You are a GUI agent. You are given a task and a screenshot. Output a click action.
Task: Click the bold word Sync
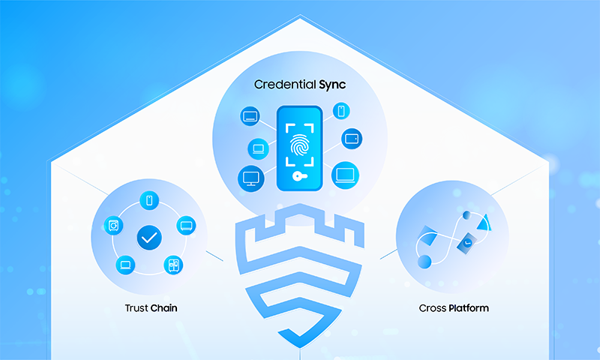[332, 85]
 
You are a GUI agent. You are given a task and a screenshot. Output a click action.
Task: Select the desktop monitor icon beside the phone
[251, 178]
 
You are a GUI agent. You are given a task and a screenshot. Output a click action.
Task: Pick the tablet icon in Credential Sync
[352, 139]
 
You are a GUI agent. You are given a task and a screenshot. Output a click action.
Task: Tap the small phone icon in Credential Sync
[341, 111]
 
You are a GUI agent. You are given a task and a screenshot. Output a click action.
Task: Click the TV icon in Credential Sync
[250, 116]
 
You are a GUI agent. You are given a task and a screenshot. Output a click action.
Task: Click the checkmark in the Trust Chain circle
[149, 238]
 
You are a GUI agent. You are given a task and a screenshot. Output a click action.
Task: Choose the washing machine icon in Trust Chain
[114, 226]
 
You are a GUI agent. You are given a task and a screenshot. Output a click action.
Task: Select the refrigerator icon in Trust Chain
[173, 265]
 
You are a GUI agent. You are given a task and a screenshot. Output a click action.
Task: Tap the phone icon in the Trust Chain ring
[149, 200]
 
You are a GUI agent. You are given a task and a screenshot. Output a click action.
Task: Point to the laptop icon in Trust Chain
[125, 265]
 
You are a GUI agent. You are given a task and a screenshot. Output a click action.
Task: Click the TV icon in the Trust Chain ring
[186, 226]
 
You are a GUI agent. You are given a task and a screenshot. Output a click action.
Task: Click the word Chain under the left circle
[163, 308]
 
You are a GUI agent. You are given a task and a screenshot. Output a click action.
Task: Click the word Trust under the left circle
[136, 308]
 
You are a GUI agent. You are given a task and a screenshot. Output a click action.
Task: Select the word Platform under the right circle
[468, 308]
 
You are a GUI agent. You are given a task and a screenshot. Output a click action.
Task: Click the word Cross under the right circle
[433, 308]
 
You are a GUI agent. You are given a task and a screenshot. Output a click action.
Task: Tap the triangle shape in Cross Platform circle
[484, 223]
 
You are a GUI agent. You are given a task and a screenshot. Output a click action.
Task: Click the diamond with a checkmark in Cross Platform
[467, 243]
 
